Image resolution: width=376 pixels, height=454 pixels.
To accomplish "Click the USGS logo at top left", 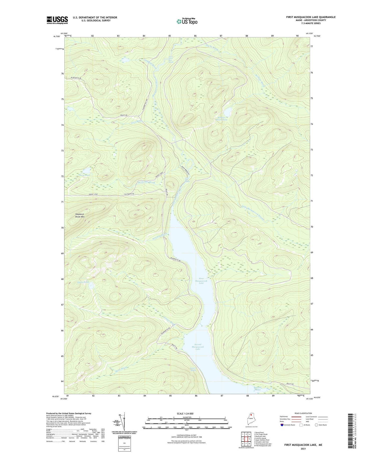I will pos(57,20).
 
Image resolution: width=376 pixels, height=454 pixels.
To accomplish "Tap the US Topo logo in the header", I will pos(187,21).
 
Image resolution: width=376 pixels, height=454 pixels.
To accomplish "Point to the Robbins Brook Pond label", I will pos(222,118).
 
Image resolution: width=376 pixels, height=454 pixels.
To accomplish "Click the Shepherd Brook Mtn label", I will pos(80,215).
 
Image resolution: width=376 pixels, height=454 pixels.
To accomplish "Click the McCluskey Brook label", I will pos(146,182).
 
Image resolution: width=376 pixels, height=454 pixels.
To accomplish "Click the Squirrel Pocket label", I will pos(258,388).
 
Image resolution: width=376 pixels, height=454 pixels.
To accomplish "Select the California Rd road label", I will pos(129,194).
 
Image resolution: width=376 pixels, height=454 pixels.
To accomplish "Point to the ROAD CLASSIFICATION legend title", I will pos(303,413).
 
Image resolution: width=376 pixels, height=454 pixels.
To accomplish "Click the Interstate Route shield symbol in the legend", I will pos(282,425).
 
